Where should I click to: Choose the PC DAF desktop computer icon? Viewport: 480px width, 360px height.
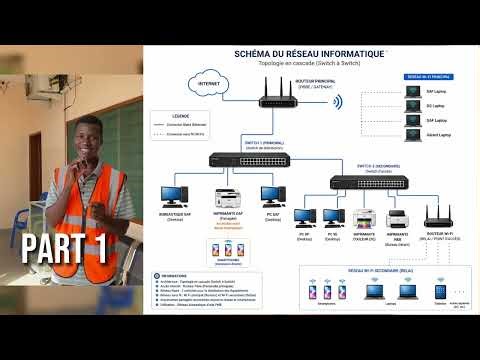pyautogui.click(x=272, y=194)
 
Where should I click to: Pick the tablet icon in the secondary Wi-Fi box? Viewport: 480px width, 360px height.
pyautogui.click(x=438, y=290)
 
